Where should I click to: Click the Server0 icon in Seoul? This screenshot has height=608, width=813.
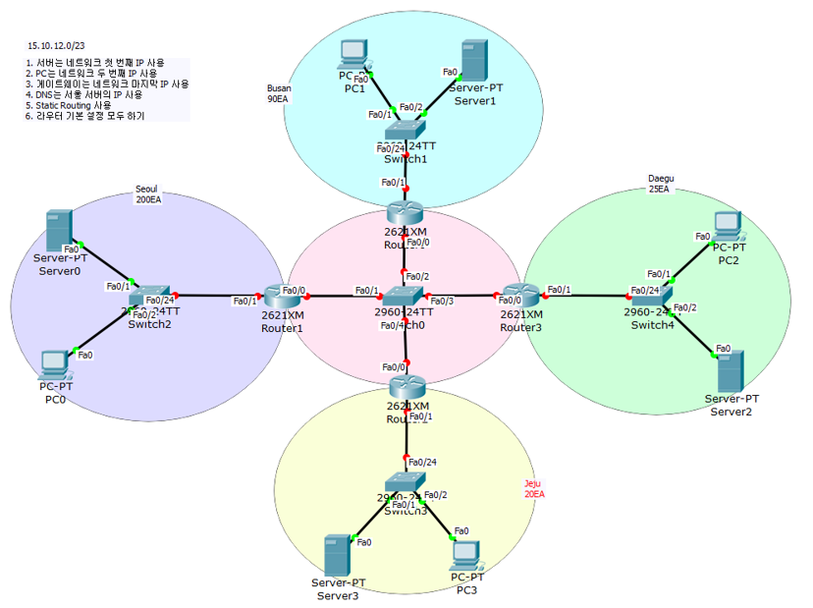pyautogui.click(x=62, y=231)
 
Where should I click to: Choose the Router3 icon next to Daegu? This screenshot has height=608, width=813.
pyautogui.click(x=517, y=296)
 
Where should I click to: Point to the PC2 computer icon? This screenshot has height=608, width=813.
pyautogui.click(x=729, y=227)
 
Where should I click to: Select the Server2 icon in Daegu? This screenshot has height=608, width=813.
pyautogui.click(x=729, y=370)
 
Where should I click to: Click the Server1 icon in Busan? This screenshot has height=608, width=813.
pyautogui.click(x=473, y=61)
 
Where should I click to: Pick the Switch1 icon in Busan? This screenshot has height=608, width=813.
pyautogui.click(x=406, y=130)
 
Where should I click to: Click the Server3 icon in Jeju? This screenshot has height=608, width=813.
pyautogui.click(x=337, y=555)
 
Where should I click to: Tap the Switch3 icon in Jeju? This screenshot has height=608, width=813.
pyautogui.click(x=405, y=483)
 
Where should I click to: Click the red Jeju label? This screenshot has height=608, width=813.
pyautogui.click(x=533, y=488)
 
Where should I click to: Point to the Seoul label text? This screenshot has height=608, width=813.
pyautogui.click(x=146, y=191)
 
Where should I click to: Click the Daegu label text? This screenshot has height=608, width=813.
pyautogui.click(x=661, y=179)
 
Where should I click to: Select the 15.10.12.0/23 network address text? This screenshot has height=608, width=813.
pyautogui.click(x=56, y=45)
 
